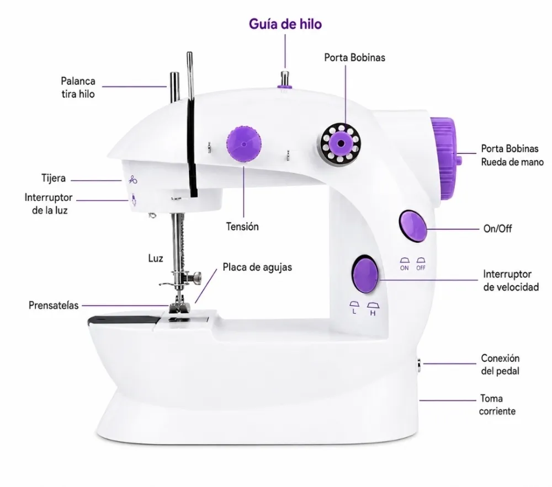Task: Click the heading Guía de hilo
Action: click(285, 24)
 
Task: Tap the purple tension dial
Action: click(244, 144)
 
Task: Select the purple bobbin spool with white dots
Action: click(341, 143)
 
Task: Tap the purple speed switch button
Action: click(365, 274)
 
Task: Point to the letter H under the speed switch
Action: click(373, 313)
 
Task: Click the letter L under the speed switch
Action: click(354, 312)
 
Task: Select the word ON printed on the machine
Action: click(405, 268)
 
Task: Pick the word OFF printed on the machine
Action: click(421, 268)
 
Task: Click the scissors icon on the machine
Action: click(132, 180)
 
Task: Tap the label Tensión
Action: click(242, 227)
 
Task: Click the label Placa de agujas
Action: click(257, 267)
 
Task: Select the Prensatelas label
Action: click(54, 305)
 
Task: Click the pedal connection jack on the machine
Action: click(419, 366)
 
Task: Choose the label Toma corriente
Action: click(497, 405)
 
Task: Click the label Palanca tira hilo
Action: click(78, 88)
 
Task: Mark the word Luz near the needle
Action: click(156, 259)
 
